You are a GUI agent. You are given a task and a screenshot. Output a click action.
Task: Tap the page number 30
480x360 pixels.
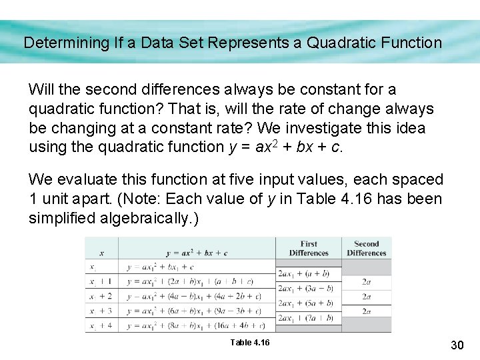(457, 345)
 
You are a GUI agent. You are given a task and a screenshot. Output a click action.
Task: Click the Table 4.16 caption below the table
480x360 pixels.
(250, 342)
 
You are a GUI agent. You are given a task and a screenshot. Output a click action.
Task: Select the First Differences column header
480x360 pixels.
(309, 249)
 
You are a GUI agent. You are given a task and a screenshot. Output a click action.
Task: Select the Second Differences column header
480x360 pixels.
(366, 249)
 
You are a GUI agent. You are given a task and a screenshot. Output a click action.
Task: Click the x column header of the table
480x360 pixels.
(101, 253)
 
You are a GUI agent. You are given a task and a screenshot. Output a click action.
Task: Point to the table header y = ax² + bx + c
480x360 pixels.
(196, 253)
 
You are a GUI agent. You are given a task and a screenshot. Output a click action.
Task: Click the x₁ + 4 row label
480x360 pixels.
(101, 326)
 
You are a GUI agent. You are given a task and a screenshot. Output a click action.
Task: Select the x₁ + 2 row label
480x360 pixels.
(101, 296)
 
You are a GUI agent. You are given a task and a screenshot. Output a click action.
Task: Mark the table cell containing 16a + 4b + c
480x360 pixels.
(196, 326)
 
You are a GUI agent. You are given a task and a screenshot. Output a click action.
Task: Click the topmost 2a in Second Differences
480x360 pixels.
(366, 281)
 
